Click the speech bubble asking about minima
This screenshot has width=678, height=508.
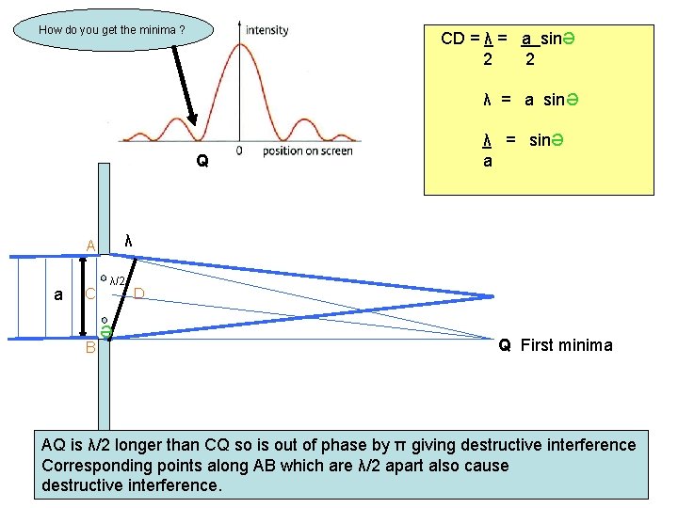[111, 30]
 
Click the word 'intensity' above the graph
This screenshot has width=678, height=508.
[266, 30]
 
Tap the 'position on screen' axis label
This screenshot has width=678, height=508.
[308, 151]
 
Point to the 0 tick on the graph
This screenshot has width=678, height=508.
[239, 151]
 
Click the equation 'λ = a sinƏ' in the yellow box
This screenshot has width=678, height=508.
[523, 100]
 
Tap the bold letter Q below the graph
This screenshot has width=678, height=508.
[202, 161]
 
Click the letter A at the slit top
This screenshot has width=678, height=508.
[91, 246]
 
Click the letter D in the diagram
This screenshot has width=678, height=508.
[138, 294]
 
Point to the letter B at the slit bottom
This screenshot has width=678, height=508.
[91, 347]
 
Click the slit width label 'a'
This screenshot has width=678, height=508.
[58, 294]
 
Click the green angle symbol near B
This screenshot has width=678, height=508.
[106, 330]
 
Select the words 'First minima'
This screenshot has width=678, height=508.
[566, 345]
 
